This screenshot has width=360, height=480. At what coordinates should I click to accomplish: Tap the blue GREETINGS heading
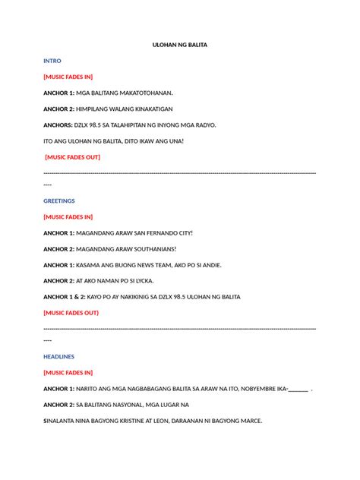point(59,201)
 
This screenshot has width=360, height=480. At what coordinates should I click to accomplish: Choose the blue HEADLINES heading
point(59,356)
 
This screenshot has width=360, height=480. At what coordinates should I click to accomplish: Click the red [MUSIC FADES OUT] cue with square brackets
point(72,157)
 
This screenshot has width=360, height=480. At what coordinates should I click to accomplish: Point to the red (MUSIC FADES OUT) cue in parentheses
point(71,312)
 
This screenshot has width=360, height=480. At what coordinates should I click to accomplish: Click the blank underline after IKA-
point(298,389)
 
